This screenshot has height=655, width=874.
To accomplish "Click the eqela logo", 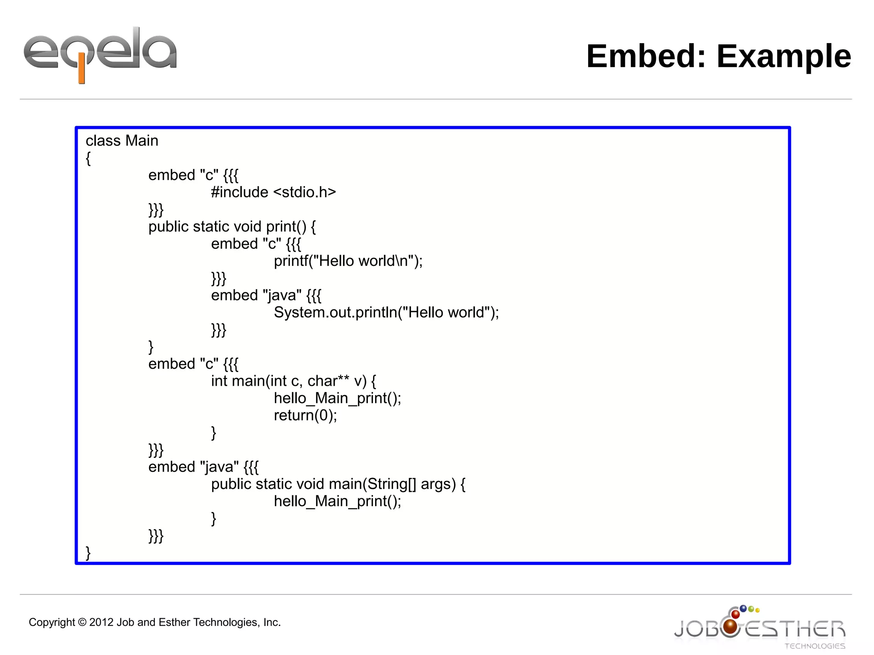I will (x=100, y=53).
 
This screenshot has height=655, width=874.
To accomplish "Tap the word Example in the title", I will (x=784, y=56).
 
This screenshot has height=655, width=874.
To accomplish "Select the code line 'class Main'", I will (x=122, y=141).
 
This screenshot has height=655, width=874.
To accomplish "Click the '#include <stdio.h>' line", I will (x=273, y=192).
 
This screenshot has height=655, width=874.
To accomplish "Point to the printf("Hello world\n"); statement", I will (x=348, y=261).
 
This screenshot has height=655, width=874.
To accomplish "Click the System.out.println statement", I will (x=386, y=312).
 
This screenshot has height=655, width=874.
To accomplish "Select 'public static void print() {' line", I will (x=232, y=227).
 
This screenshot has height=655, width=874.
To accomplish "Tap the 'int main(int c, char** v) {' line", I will (x=293, y=381).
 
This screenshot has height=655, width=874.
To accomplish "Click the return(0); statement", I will (x=305, y=415).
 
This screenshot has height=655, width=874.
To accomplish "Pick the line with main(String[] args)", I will (x=338, y=484).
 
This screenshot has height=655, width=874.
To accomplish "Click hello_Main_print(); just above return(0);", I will (x=337, y=398).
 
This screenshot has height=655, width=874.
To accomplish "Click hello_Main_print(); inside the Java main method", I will (x=337, y=501).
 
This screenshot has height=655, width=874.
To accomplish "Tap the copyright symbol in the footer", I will (x=82, y=623).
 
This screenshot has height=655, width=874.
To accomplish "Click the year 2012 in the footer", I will (x=101, y=623).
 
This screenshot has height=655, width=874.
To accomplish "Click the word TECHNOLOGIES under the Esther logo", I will (x=814, y=646).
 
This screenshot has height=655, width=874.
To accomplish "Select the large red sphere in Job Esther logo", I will (x=731, y=626).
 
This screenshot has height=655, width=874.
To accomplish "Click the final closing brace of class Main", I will (x=88, y=553).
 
